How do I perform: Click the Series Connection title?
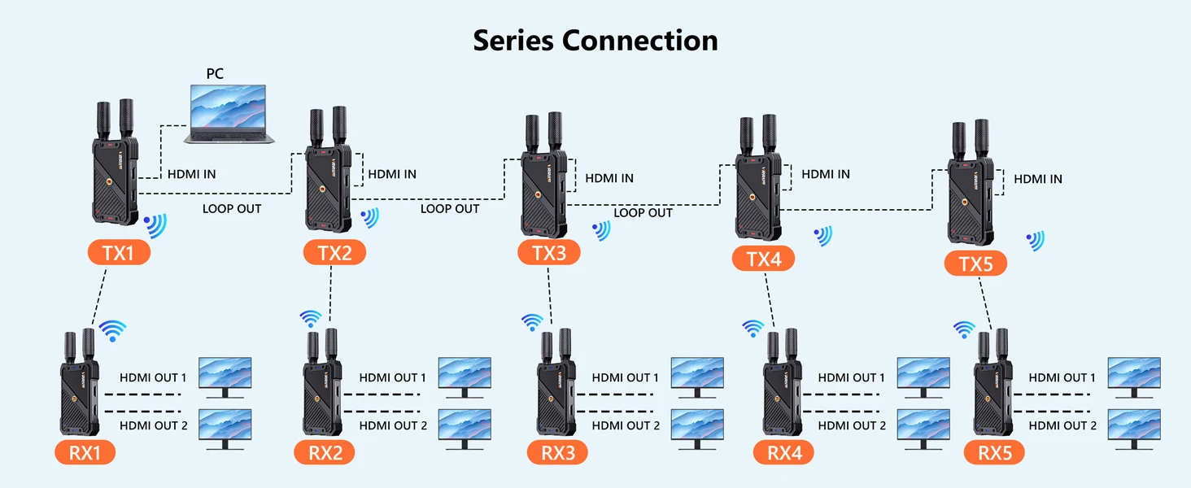595,40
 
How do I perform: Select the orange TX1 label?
119,252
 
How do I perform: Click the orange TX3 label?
549,252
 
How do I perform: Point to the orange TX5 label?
975,264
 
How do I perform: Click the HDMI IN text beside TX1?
192,174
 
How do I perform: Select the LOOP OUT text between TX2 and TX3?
450,209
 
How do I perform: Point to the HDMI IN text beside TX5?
1038,179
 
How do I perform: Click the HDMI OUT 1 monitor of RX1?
225,377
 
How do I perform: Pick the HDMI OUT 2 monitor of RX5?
1134,428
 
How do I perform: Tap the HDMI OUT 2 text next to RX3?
626,425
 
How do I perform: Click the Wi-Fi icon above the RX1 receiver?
113,329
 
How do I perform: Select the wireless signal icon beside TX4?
822,236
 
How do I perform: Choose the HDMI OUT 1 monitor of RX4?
923,377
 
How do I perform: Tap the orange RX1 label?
85,452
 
